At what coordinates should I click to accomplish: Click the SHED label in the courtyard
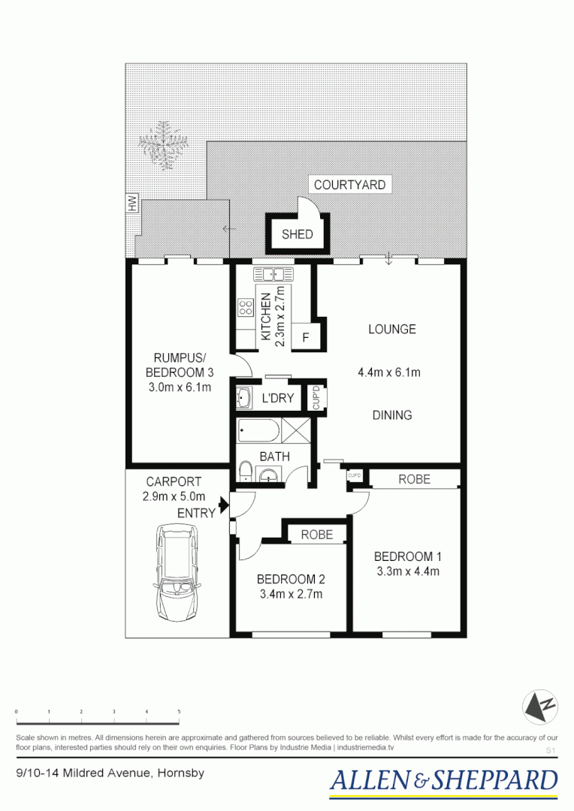point(297,234)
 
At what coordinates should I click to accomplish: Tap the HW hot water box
point(132,203)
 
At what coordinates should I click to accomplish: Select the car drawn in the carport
point(177,572)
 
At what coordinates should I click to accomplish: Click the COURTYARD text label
point(349,185)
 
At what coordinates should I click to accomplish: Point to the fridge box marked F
point(305,337)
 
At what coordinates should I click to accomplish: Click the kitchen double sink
point(267,274)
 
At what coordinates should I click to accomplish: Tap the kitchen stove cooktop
point(245,306)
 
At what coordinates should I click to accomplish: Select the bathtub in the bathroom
point(258,432)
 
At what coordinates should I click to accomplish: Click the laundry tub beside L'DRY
point(245,397)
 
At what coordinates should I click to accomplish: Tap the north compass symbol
point(540,707)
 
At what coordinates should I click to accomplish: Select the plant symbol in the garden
point(162,145)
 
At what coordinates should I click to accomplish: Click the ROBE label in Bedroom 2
point(317,535)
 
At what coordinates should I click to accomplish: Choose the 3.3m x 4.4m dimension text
point(407,571)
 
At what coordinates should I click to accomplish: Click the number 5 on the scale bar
point(179,710)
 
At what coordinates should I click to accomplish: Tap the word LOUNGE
point(391,329)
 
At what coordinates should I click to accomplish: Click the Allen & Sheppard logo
point(443,781)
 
